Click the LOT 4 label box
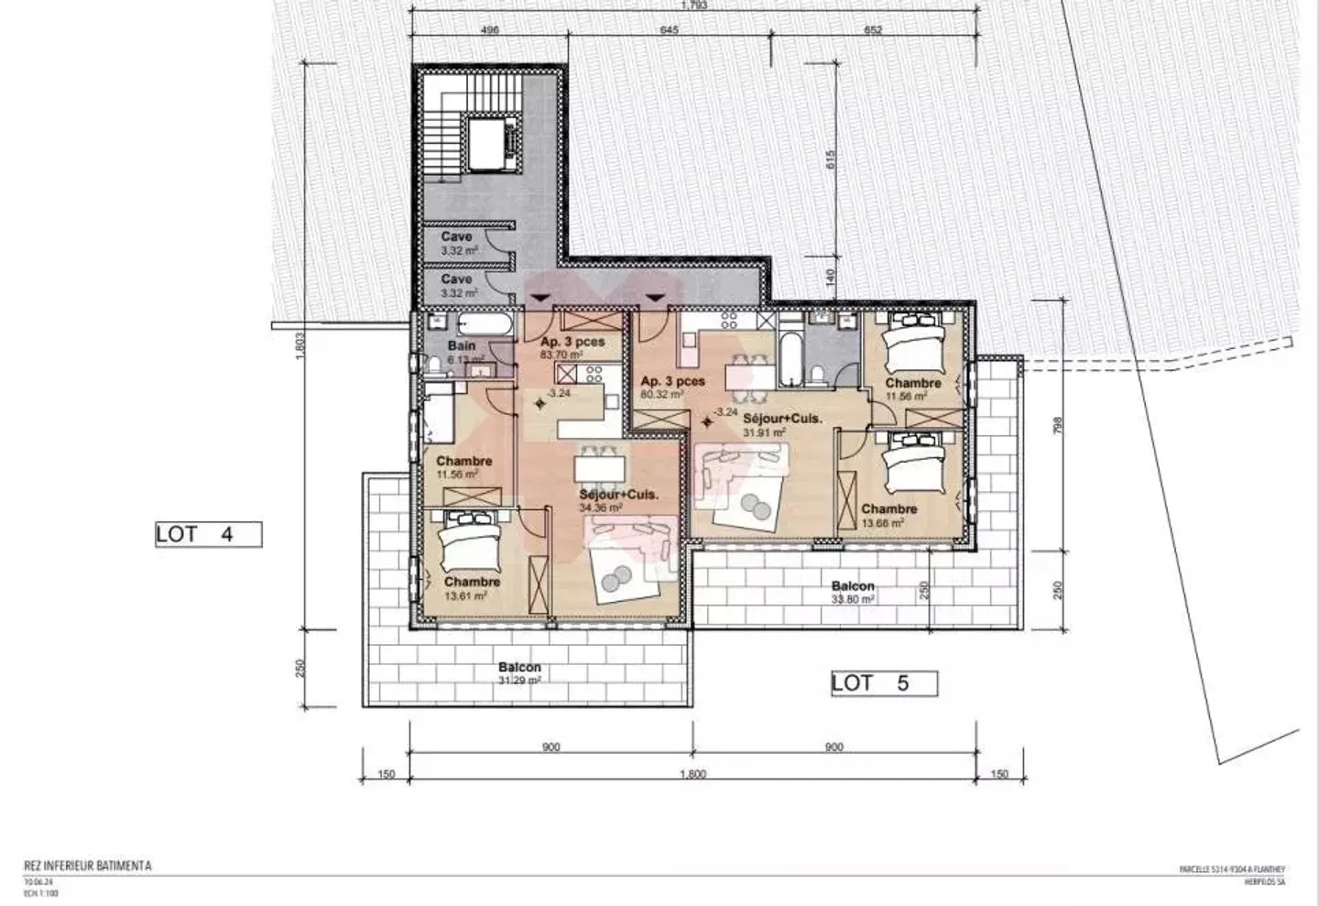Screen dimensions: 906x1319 (208, 534)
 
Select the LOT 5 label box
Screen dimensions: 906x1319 (884, 682)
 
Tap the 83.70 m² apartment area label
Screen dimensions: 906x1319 (561, 355)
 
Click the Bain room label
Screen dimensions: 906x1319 (461, 346)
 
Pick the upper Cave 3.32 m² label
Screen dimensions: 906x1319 (457, 243)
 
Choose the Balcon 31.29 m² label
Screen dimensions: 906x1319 (519, 674)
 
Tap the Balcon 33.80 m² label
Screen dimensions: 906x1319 (853, 592)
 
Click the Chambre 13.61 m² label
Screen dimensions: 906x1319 (472, 588)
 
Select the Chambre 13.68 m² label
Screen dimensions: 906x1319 (888, 516)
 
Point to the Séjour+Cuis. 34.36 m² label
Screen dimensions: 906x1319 (618, 500)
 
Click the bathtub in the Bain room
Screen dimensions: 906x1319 (487, 325)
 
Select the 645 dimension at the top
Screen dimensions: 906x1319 (669, 30)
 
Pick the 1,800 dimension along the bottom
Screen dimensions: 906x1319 (692, 774)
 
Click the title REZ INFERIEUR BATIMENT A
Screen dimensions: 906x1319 (88, 866)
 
